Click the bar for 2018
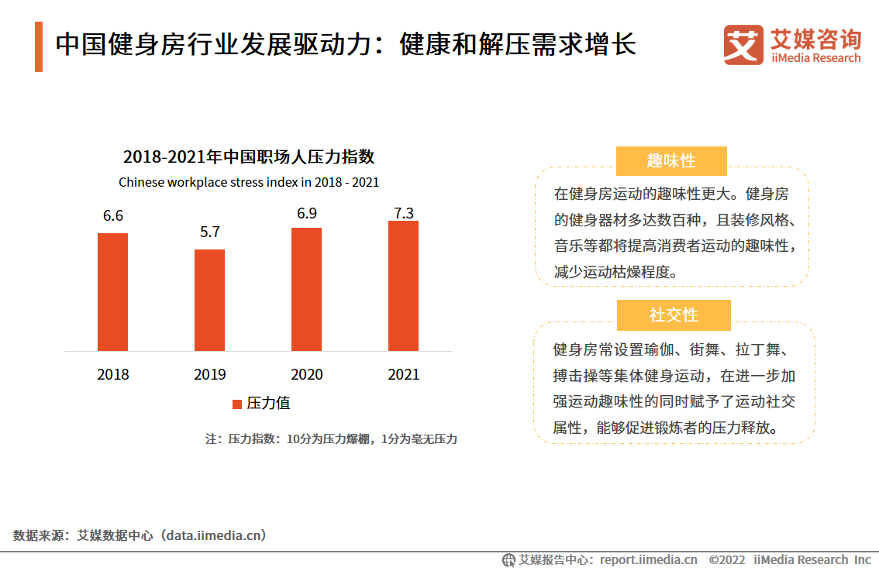[113, 291]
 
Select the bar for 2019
[209, 300]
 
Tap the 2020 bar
[306, 289]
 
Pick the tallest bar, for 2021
[403, 285]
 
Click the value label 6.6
[113, 216]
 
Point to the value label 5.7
[210, 232]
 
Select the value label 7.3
[404, 205]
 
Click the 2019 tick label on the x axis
[210, 374]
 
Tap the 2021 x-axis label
[403, 374]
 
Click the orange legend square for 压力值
[238, 404]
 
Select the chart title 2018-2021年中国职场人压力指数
[249, 157]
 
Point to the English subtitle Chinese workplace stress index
[249, 183]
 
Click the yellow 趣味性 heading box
[671, 161]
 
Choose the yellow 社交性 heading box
[674, 315]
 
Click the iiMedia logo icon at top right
[743, 45]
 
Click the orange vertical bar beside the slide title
[39, 46]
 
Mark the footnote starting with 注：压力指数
[331, 439]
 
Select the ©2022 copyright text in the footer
[726, 559]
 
